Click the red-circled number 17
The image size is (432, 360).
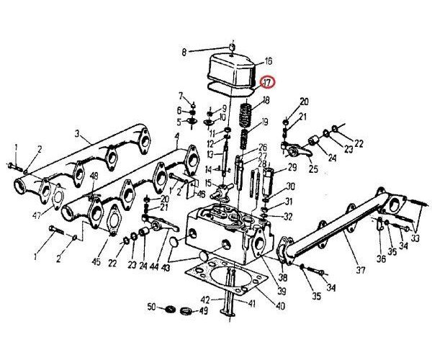267,83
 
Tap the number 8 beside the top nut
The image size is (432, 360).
184,52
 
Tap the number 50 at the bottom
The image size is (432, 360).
151,307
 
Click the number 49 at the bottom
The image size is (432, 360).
204,312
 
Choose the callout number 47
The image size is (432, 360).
36,215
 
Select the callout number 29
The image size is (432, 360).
292,167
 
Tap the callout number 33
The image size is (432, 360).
416,238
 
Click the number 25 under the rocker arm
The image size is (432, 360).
313,169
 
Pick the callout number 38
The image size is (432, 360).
282,276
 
